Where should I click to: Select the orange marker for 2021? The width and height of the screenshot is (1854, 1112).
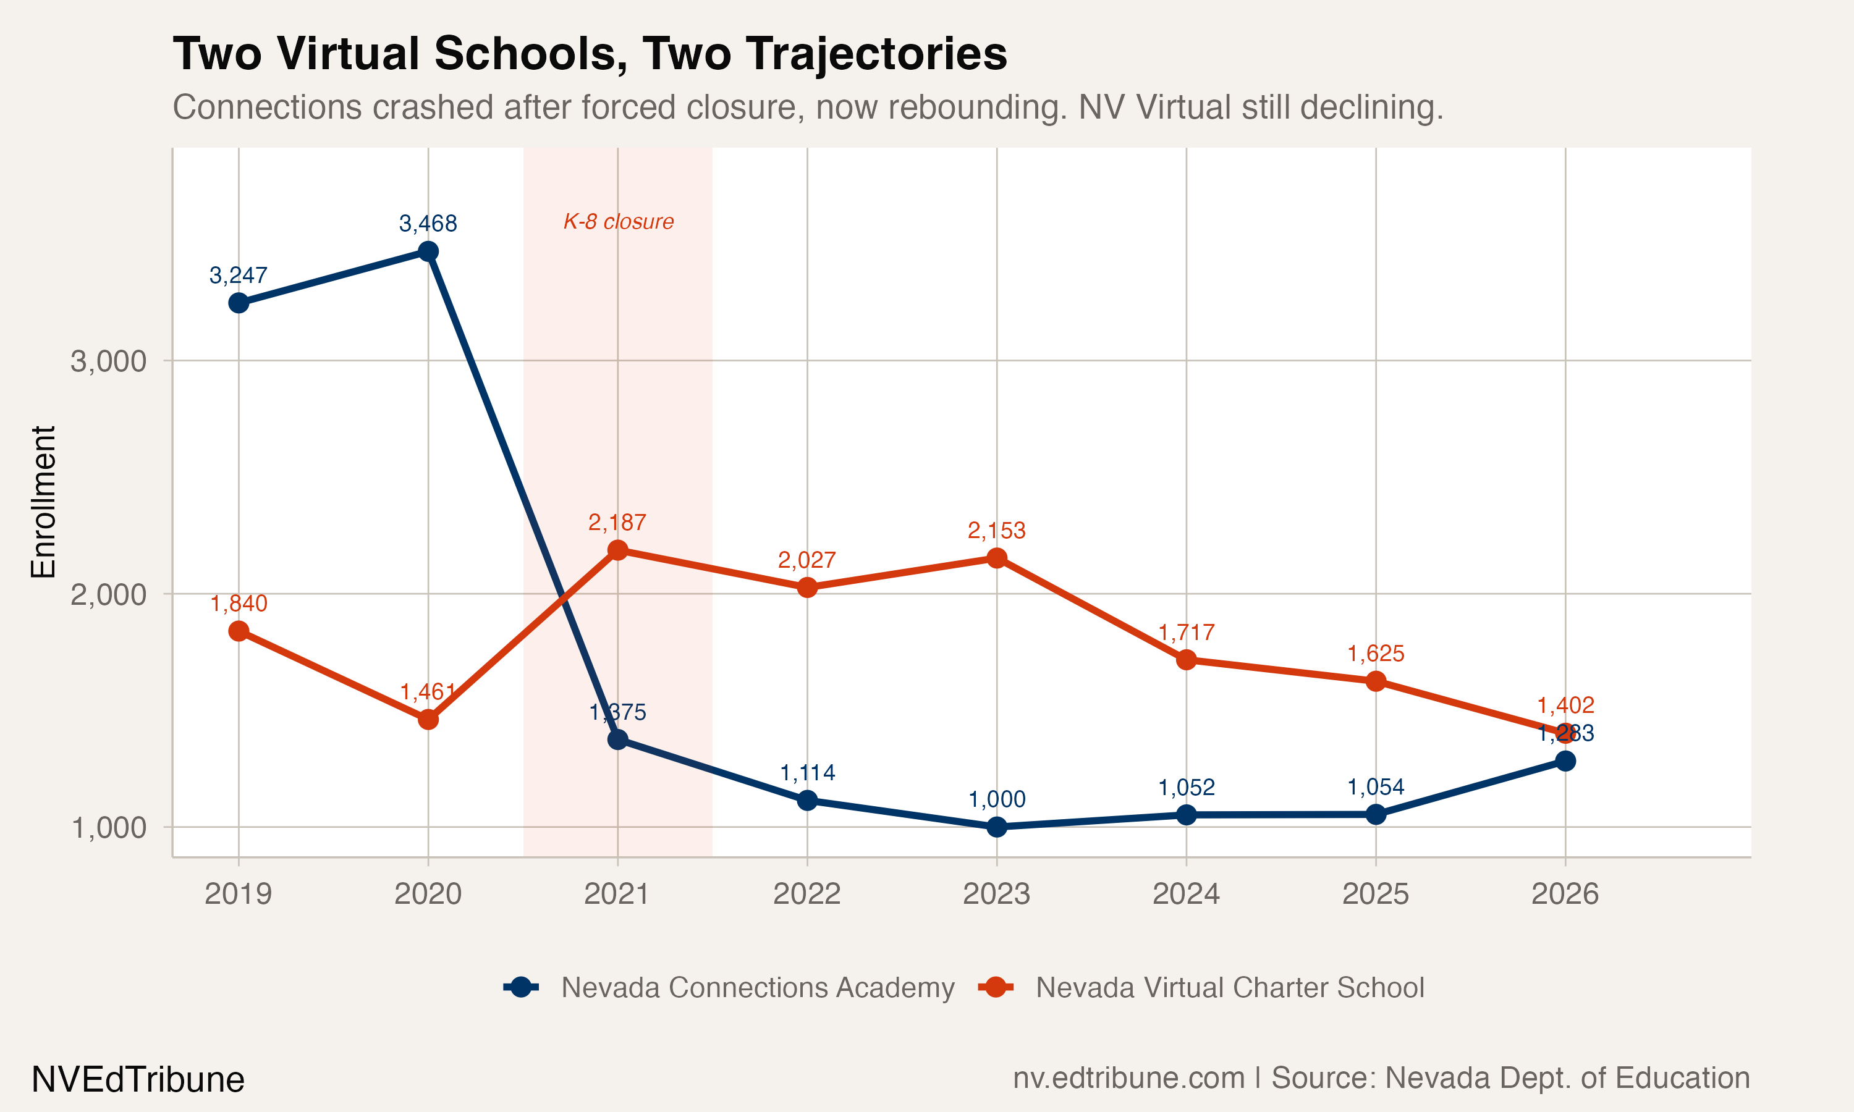click(x=617, y=550)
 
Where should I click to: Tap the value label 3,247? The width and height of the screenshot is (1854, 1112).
click(x=239, y=276)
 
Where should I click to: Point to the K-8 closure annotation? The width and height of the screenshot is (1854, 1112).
click(x=618, y=222)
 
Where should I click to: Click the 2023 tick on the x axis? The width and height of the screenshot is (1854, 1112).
click(x=996, y=894)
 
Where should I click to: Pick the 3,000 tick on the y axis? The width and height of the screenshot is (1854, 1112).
click(x=108, y=361)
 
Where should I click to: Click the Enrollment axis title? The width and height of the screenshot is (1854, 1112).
click(x=43, y=502)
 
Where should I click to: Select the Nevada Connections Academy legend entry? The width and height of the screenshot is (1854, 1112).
click(x=757, y=988)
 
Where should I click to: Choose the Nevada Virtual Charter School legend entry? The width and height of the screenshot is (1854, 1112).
click(x=1229, y=988)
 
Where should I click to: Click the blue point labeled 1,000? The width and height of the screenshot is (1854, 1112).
click(x=997, y=827)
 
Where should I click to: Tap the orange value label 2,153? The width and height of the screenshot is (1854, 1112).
click(x=996, y=531)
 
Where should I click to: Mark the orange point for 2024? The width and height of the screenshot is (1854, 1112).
click(x=1187, y=659)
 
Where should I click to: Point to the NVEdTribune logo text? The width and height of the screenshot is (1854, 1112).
click(x=138, y=1080)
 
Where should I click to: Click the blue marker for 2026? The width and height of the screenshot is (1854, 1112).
click(x=1565, y=760)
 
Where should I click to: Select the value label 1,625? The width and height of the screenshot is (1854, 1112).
click(x=1375, y=654)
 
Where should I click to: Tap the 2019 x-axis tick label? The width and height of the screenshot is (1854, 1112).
click(x=239, y=894)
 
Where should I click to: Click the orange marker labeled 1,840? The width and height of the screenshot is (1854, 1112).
click(x=239, y=631)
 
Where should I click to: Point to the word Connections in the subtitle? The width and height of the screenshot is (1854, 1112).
click(x=268, y=107)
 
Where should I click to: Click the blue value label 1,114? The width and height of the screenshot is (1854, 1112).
click(x=807, y=773)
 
